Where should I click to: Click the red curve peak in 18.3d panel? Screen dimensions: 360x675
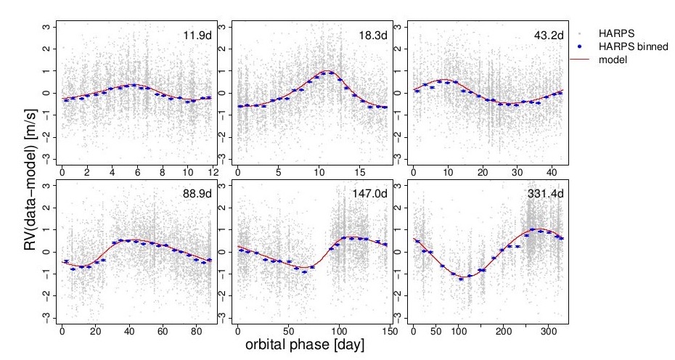coord(328,71)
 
